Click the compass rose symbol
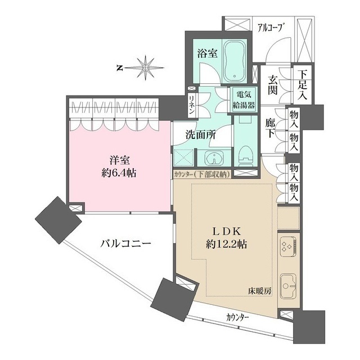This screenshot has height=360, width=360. [145, 67]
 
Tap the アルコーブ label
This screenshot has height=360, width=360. [269, 26]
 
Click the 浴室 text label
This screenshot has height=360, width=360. [207, 54]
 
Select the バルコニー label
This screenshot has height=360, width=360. [125, 244]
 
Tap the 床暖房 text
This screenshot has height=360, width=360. [260, 291]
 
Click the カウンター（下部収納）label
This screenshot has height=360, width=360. [201, 174]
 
